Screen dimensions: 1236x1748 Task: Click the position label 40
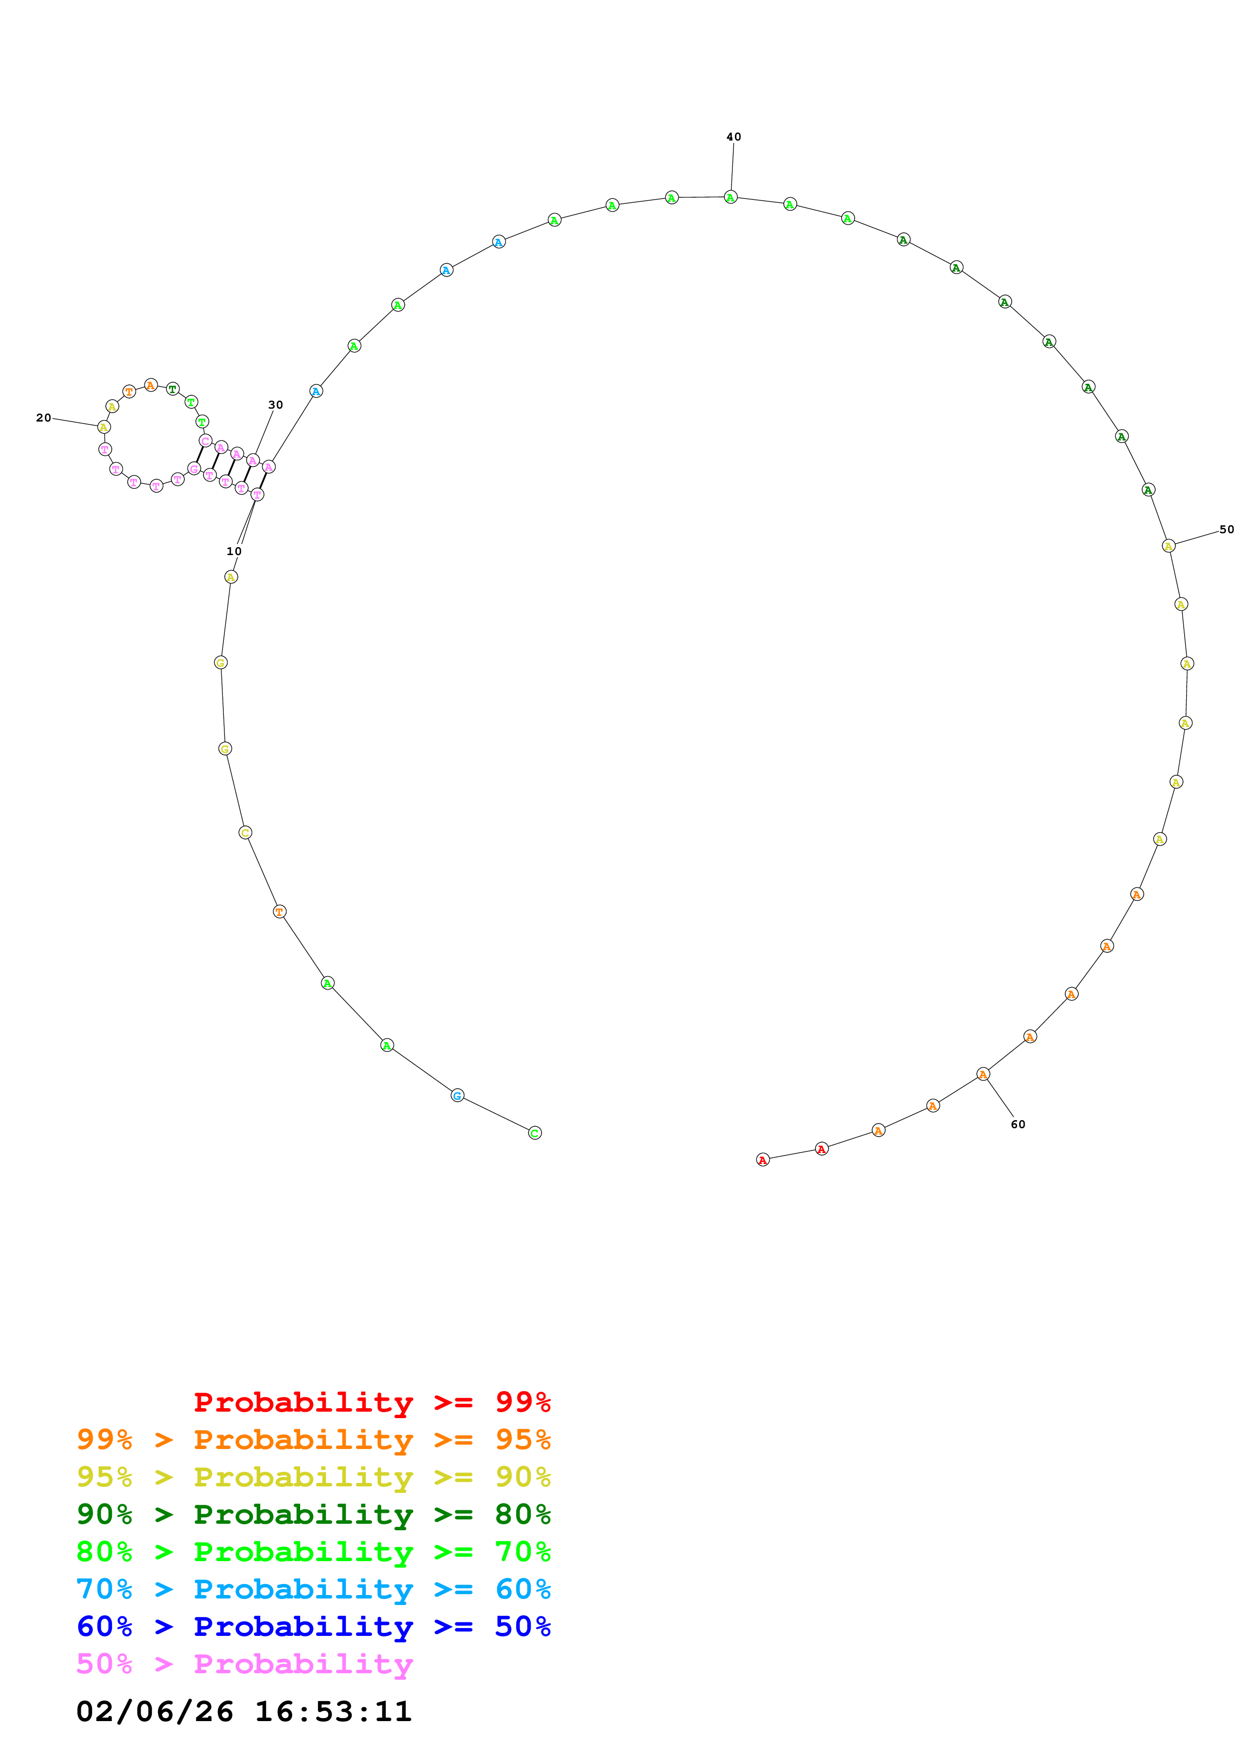(733, 137)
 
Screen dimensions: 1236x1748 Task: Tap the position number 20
(43, 418)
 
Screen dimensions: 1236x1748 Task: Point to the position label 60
(1018, 1125)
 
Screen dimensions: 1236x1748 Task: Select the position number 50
(1226, 529)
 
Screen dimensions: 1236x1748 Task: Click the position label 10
(234, 551)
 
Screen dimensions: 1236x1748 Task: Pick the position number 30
(276, 405)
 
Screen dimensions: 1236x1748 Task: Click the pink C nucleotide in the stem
(205, 441)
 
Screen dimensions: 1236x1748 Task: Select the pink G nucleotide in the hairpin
(194, 469)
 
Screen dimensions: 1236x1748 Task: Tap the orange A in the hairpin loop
(151, 385)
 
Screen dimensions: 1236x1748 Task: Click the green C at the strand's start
(534, 1133)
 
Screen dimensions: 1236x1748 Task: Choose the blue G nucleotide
(457, 1096)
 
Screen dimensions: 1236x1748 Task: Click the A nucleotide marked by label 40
(730, 197)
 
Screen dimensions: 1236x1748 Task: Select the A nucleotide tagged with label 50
(1168, 546)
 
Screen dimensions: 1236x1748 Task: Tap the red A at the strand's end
(762, 1160)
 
